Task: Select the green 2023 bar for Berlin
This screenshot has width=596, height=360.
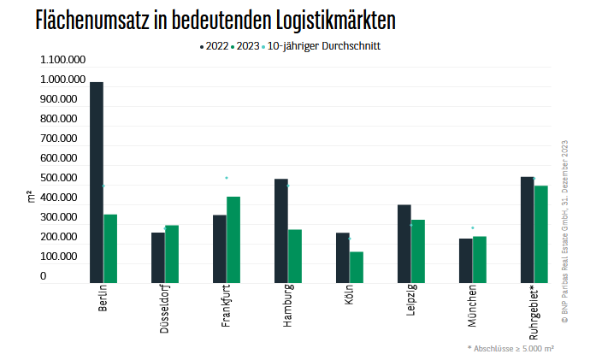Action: (x=110, y=248)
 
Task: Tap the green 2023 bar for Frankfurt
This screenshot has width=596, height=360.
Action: (x=233, y=239)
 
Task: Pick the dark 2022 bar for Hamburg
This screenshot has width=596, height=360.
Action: (x=281, y=230)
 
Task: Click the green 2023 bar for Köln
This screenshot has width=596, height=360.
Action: (x=357, y=267)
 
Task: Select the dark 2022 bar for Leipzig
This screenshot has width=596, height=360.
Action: (x=404, y=244)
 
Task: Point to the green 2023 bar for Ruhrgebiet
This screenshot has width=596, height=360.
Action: (x=540, y=233)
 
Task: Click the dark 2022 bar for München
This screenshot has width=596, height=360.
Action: (x=466, y=260)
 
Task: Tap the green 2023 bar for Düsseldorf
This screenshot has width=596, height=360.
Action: (x=172, y=253)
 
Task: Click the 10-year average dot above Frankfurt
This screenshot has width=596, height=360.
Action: (x=227, y=178)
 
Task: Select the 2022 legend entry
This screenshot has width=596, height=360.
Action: (x=214, y=46)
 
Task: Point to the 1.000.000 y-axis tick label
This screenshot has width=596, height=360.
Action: (x=62, y=80)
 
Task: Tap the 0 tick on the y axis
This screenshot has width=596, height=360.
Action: (x=44, y=276)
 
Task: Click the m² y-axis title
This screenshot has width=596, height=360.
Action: (x=31, y=198)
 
